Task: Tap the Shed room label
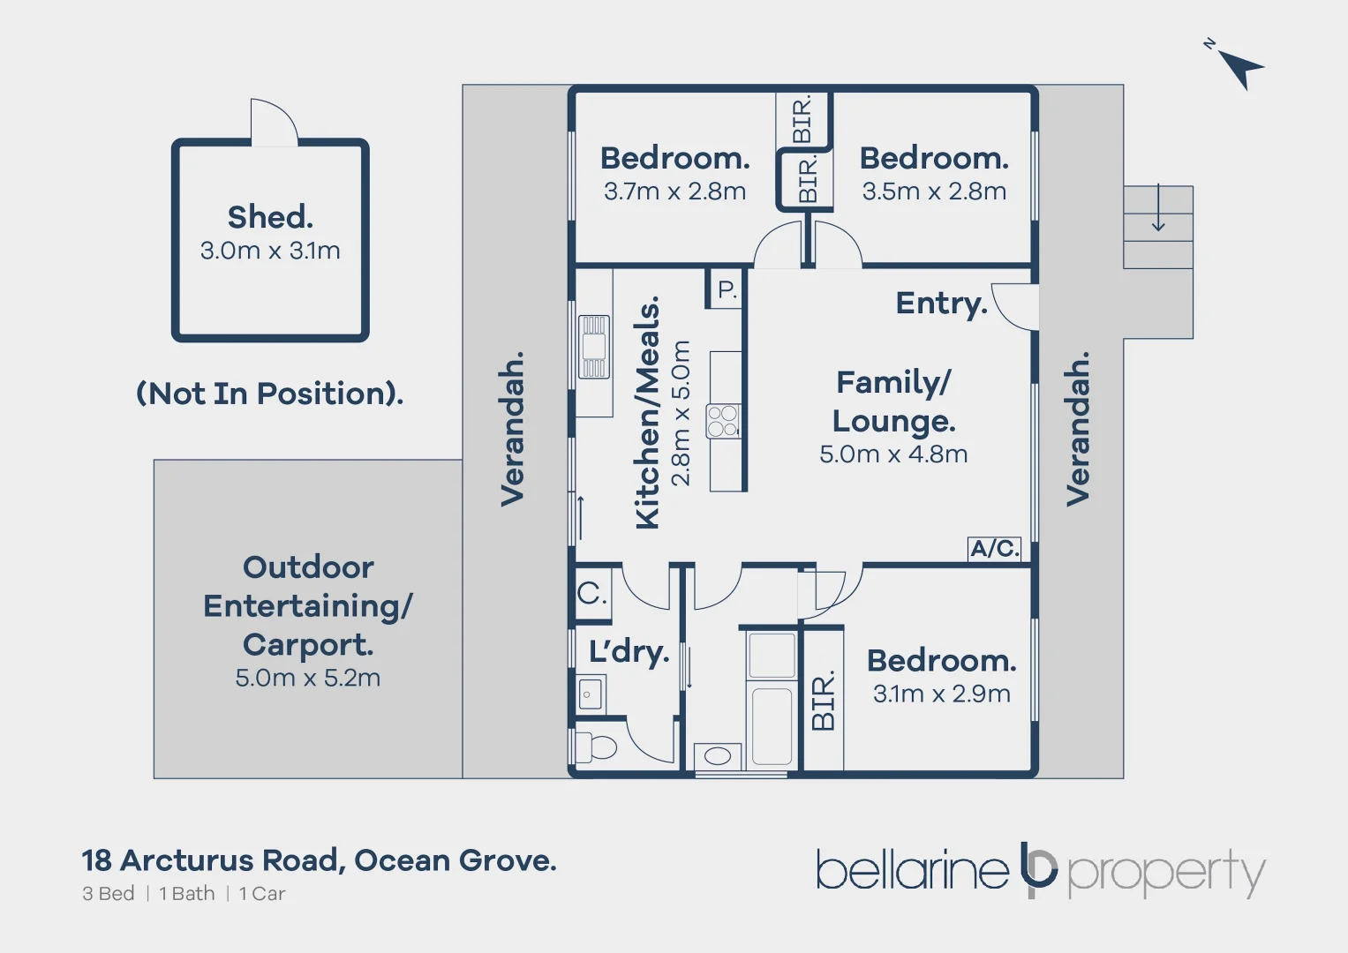click(x=270, y=217)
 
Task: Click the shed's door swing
click(x=273, y=123)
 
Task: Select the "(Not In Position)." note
click(x=269, y=394)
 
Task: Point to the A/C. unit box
click(x=995, y=549)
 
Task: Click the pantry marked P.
click(x=727, y=289)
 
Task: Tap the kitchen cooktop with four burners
click(x=723, y=421)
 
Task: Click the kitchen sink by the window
click(x=594, y=348)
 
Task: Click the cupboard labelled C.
click(x=591, y=593)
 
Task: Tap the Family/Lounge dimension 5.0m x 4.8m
click(x=893, y=454)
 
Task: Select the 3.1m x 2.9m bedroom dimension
click(x=941, y=694)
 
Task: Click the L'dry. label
click(x=629, y=652)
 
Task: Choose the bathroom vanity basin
click(x=718, y=756)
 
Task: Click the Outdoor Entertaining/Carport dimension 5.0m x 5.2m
click(x=308, y=679)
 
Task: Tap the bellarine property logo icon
click(x=1038, y=869)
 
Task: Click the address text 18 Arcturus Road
click(x=212, y=860)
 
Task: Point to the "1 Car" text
click(x=262, y=894)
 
